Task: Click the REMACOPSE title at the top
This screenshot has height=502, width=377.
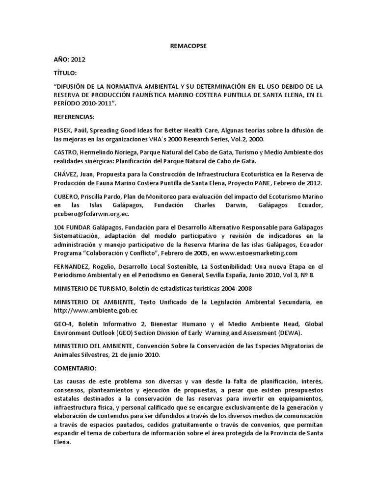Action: (x=188, y=46)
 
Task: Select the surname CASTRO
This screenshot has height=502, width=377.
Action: (x=65, y=152)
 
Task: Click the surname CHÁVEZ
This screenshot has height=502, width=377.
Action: (x=66, y=175)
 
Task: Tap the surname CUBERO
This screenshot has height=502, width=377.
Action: (x=66, y=197)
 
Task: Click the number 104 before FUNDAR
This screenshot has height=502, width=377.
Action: (x=59, y=227)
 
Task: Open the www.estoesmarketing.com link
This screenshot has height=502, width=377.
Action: (x=259, y=253)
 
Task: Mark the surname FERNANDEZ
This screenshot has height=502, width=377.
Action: (x=73, y=267)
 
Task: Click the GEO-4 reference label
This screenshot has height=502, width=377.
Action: (x=63, y=324)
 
